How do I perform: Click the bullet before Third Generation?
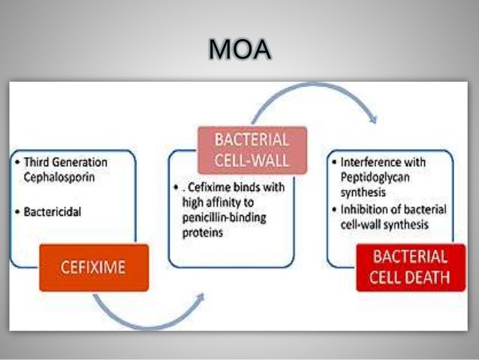(17, 162)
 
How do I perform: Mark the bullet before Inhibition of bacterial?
(336, 209)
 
